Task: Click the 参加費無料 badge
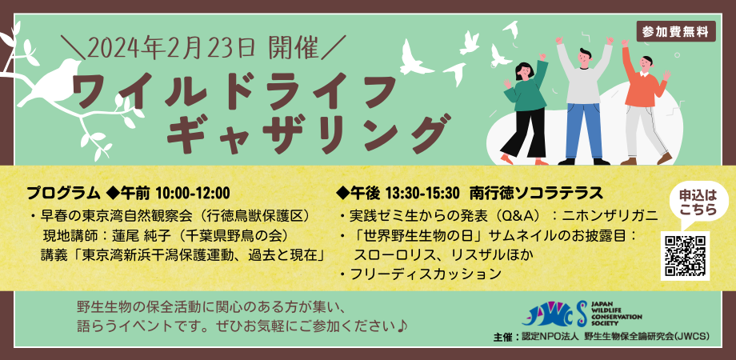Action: coord(676,31)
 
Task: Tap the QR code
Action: coord(685,256)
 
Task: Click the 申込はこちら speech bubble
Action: coord(698,202)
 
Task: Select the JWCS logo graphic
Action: coord(555,313)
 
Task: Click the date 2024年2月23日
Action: coord(171,47)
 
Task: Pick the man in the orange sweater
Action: coord(644,103)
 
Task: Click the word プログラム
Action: coord(64,193)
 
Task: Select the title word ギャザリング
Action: coord(305,133)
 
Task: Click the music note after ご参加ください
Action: coord(402,326)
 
